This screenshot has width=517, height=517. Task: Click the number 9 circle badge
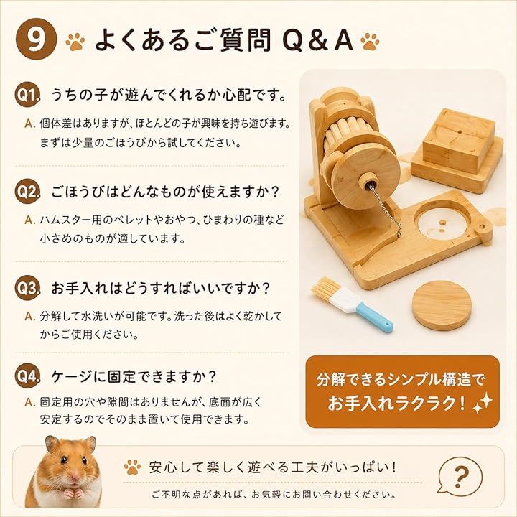(x=37, y=39)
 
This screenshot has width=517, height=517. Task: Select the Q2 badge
(x=28, y=191)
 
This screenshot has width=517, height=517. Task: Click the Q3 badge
(x=28, y=288)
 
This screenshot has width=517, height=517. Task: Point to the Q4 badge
(x=28, y=376)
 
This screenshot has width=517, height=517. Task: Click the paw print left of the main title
(x=75, y=41)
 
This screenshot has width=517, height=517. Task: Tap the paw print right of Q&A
(x=370, y=41)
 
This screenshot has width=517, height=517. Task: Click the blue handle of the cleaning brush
(x=376, y=316)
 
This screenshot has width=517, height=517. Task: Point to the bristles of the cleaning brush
(x=325, y=289)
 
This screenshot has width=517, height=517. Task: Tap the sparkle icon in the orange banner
(x=483, y=404)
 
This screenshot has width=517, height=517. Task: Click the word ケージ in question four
(x=72, y=376)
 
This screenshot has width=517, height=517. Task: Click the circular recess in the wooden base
(x=443, y=223)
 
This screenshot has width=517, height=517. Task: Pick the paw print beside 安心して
(x=133, y=467)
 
